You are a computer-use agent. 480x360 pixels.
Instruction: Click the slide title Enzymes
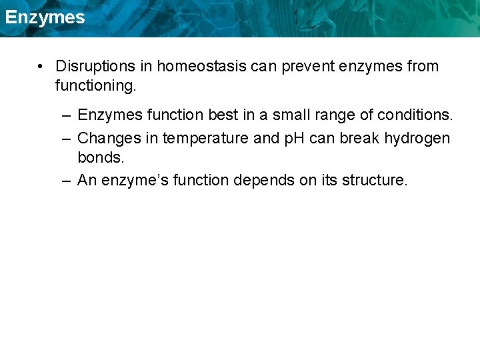(x=45, y=17)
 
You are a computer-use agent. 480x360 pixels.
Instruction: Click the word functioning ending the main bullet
(x=95, y=86)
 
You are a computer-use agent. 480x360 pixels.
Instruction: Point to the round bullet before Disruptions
(x=41, y=66)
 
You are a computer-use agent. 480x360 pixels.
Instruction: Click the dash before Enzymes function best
(x=65, y=115)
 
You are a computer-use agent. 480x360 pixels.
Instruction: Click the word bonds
(x=101, y=159)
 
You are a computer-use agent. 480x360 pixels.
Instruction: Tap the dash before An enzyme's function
(x=65, y=180)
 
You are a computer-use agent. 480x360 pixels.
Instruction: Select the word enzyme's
(x=136, y=180)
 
